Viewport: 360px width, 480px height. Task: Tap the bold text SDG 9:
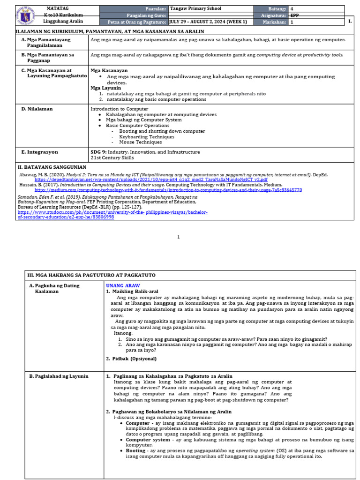point(98,152)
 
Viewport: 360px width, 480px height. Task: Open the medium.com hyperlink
point(168,190)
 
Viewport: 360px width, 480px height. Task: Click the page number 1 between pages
point(178,237)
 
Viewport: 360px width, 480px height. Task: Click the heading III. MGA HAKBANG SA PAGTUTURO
point(91,275)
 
